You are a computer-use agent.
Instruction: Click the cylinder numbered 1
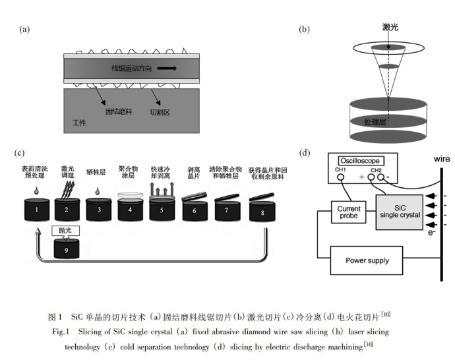coord(37,209)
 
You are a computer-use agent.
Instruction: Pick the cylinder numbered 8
coord(262,210)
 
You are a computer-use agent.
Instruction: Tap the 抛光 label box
coord(65,231)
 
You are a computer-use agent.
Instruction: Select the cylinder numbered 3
coord(98,209)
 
